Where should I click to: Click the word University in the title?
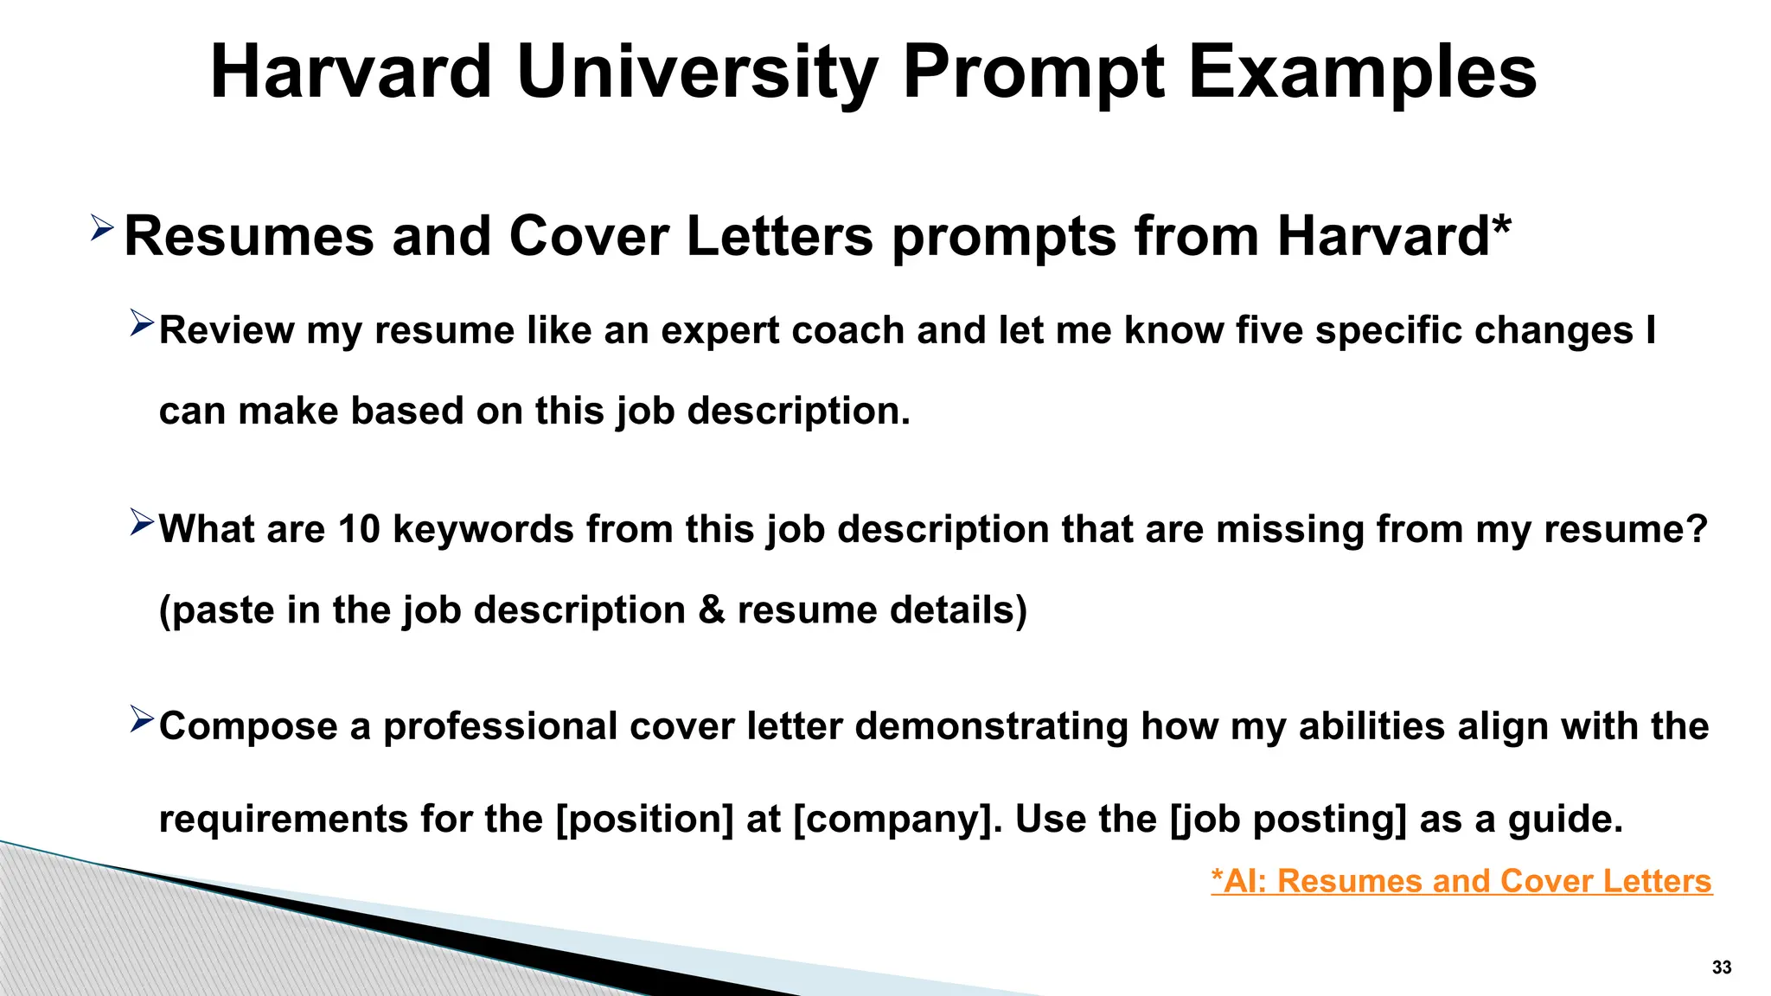click(697, 73)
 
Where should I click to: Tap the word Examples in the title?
click(1362, 73)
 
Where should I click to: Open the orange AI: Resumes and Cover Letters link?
click(1461, 881)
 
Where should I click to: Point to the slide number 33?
click(1721, 967)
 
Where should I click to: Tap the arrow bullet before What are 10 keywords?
click(141, 521)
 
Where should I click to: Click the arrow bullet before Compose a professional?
click(141, 718)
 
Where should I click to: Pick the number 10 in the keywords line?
click(359, 529)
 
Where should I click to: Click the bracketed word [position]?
click(645, 819)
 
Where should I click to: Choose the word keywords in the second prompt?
click(483, 529)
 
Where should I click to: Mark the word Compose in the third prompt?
click(248, 726)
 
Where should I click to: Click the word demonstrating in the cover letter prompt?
click(991, 726)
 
